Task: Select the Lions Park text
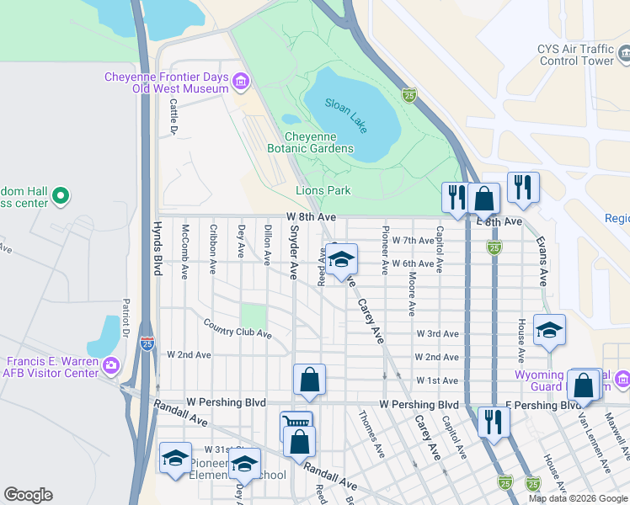[x=323, y=191]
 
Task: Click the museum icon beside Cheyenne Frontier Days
[x=242, y=82]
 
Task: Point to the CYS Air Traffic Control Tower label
[x=576, y=56]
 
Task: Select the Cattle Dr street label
[x=173, y=117]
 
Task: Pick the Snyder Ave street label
[x=294, y=258]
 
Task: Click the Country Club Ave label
[x=237, y=328]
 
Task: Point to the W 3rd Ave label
[x=437, y=334]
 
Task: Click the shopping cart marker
[x=296, y=425]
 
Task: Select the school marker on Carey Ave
[x=341, y=260]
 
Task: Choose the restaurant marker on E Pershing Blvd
[x=494, y=421]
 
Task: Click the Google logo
[x=28, y=495]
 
